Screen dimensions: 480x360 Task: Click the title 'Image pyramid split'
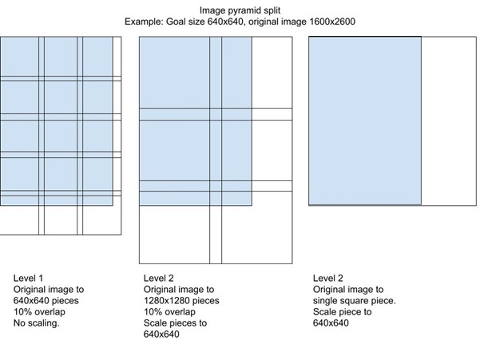(x=240, y=10)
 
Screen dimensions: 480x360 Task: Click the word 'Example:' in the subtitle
(x=144, y=22)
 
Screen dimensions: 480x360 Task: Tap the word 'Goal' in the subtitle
(x=176, y=22)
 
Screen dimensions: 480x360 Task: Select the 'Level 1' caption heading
(x=28, y=278)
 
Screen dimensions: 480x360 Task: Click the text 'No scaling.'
(x=36, y=323)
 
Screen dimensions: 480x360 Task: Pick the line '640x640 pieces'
(x=46, y=301)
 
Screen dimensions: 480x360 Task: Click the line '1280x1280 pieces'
(x=181, y=301)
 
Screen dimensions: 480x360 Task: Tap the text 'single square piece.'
(x=354, y=301)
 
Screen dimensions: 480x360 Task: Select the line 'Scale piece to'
(x=343, y=312)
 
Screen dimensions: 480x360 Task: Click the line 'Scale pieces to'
(x=175, y=323)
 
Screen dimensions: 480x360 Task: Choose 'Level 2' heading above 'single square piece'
(x=328, y=278)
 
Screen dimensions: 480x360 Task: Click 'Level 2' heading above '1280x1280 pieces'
(x=159, y=278)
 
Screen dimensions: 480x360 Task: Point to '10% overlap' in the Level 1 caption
(x=39, y=312)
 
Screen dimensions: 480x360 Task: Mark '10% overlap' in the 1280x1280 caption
(x=169, y=312)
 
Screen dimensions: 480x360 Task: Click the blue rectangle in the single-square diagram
(x=365, y=121)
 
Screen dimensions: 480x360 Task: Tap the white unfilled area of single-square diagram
(x=449, y=121)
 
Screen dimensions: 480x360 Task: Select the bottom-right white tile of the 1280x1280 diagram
(x=257, y=227)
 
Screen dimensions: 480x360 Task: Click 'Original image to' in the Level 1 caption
(x=49, y=289)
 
